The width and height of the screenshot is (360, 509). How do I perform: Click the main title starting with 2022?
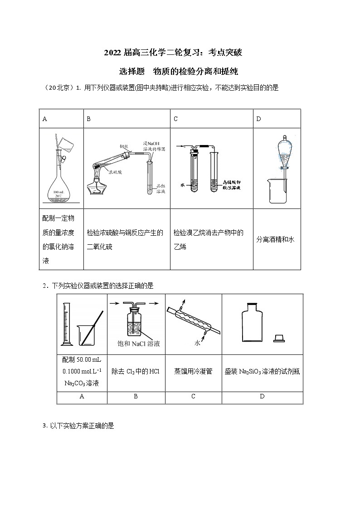(x=173, y=53)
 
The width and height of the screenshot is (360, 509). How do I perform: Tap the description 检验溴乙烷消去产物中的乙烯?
(x=209, y=239)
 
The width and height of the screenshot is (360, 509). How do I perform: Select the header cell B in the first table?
(x=89, y=119)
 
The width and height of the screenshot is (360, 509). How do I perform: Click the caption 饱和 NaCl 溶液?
(x=136, y=344)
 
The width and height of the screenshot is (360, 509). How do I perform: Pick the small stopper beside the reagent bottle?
(x=278, y=338)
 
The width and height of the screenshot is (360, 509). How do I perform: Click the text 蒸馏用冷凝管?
(x=193, y=372)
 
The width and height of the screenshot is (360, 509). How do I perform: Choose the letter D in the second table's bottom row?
(x=262, y=397)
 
